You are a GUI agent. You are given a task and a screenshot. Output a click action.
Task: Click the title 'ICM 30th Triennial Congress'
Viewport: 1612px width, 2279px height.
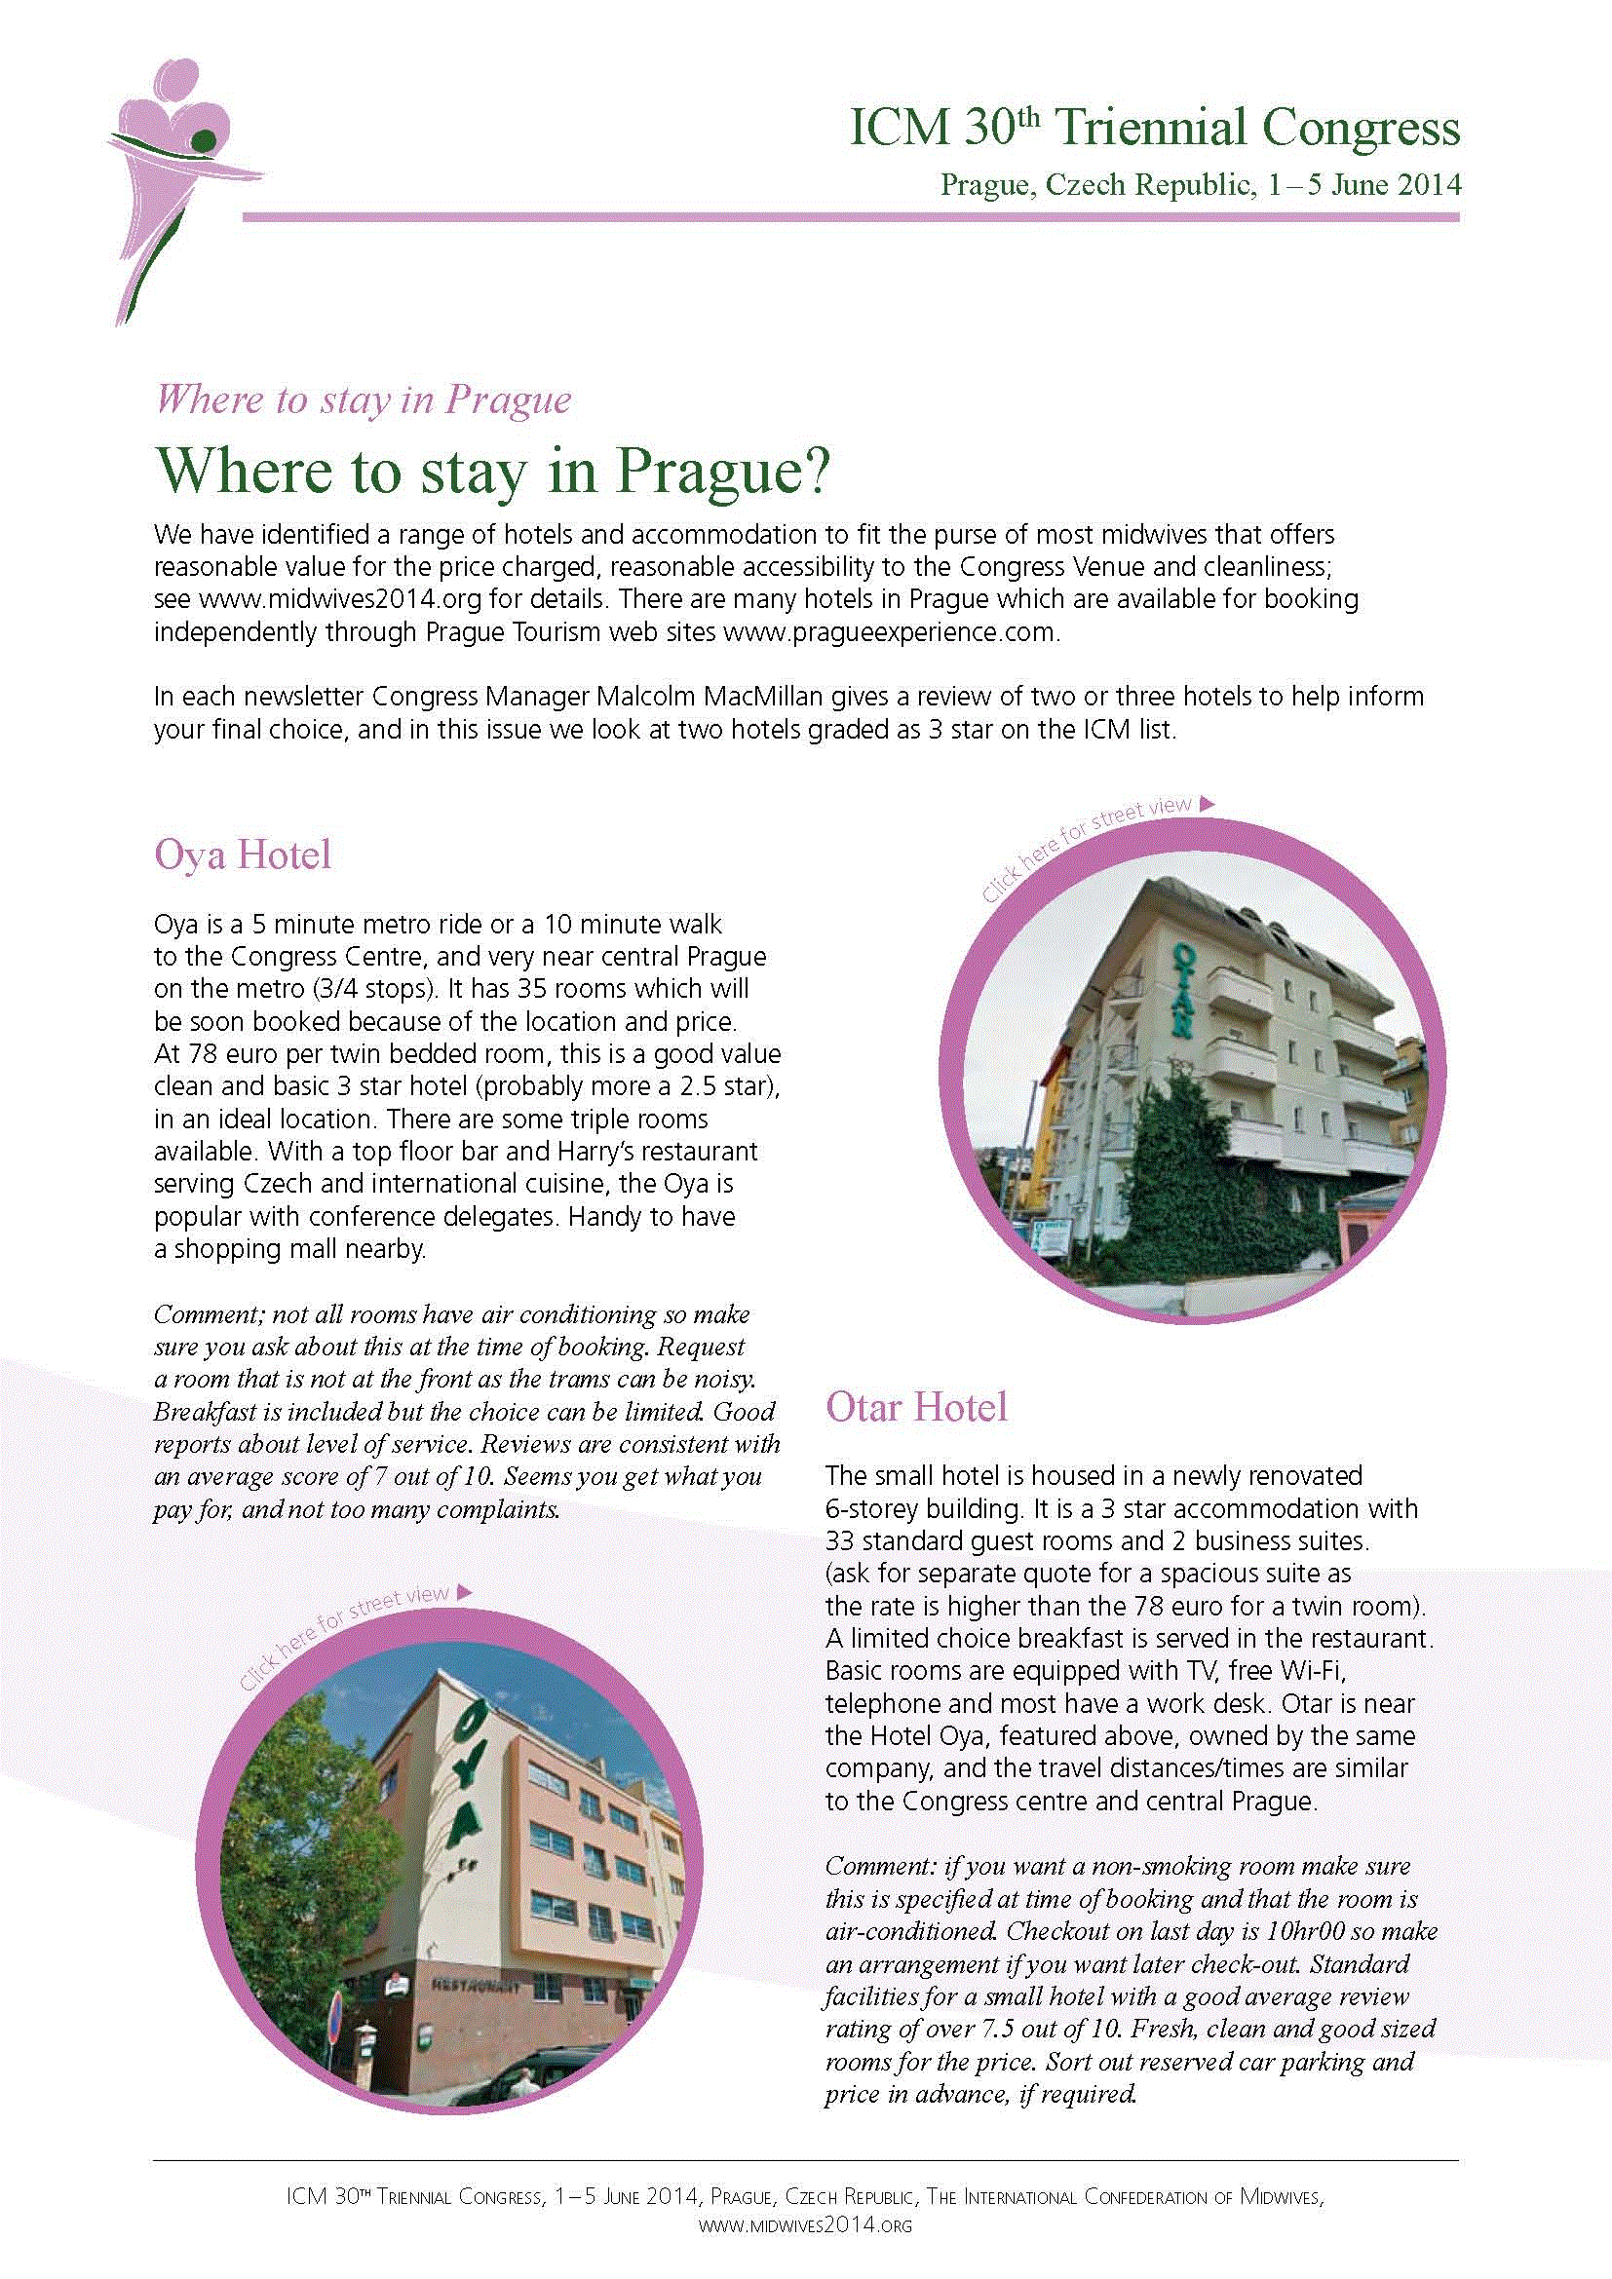1154,129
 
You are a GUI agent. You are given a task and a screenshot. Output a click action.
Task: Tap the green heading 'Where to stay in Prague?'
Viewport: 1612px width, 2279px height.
491,471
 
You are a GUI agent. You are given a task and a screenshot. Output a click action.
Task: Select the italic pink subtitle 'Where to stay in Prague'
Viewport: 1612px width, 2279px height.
364,399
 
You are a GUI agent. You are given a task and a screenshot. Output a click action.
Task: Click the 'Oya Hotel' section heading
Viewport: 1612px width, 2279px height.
243,855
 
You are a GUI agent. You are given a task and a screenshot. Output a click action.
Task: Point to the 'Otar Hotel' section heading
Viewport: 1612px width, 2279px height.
916,1407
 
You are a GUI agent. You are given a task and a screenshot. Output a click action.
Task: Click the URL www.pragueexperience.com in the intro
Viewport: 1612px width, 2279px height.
891,632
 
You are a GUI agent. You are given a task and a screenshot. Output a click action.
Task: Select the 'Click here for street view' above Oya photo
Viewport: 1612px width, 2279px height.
355,1636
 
